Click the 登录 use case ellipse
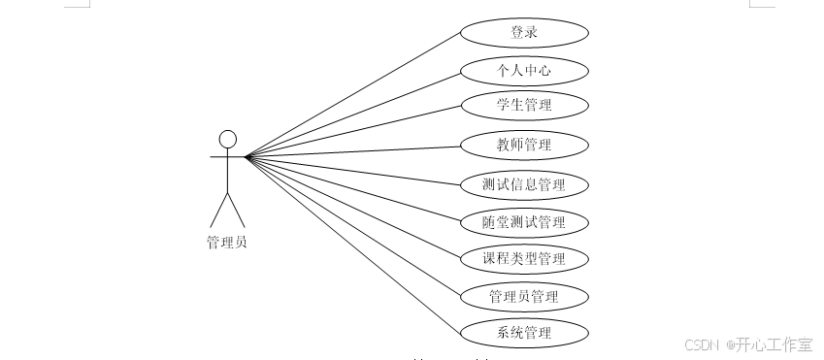tap(524, 32)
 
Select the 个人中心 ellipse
tap(524, 70)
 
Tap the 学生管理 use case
tap(524, 104)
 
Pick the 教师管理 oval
tap(524, 146)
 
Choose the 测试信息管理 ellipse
tap(524, 183)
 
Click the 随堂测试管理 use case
tap(524, 221)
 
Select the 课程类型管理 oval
tap(524, 258)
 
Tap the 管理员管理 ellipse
tap(524, 296)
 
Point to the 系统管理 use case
tap(524, 333)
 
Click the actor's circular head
tap(228, 139)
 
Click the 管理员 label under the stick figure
tap(227, 243)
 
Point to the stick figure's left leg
tap(219, 209)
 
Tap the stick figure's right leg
tap(236, 209)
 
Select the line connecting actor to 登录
tap(354, 93)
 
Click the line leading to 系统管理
tap(354, 245)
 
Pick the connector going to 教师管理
tap(354, 150)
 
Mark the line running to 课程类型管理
tap(354, 208)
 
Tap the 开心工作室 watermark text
tap(774, 344)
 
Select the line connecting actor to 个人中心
tap(354, 113)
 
